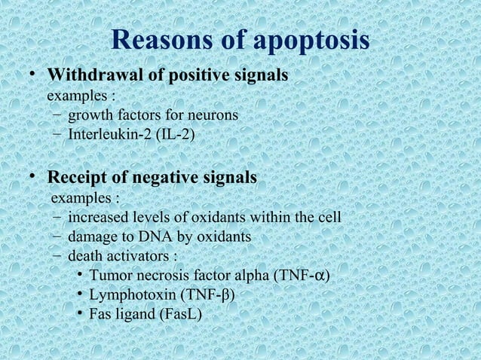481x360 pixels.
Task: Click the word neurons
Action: coord(214,115)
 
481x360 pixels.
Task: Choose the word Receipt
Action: coord(75,178)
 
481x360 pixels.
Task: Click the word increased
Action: coord(97,218)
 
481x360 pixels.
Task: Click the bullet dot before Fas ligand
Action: coord(79,313)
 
